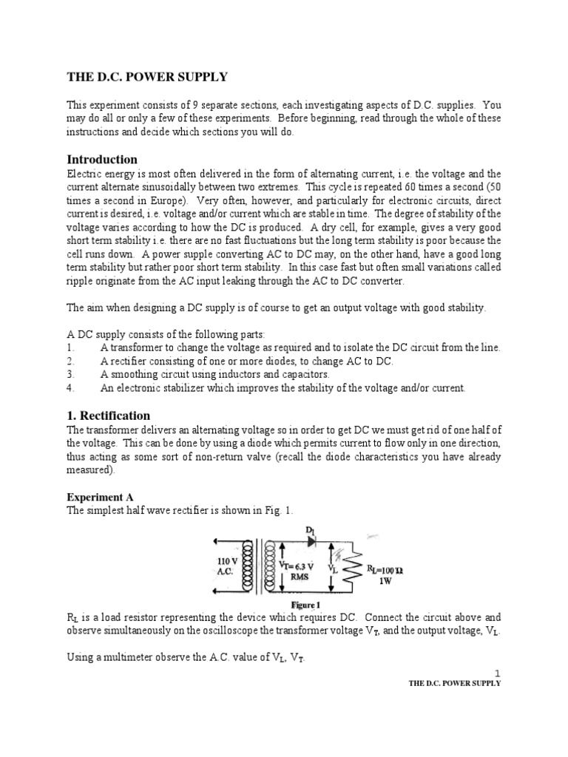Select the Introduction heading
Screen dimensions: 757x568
102,159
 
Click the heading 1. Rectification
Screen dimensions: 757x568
108,415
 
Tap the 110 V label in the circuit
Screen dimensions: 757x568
227,561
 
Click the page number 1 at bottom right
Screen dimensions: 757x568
498,673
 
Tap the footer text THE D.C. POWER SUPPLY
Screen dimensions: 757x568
455,684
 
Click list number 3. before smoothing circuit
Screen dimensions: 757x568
70,374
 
